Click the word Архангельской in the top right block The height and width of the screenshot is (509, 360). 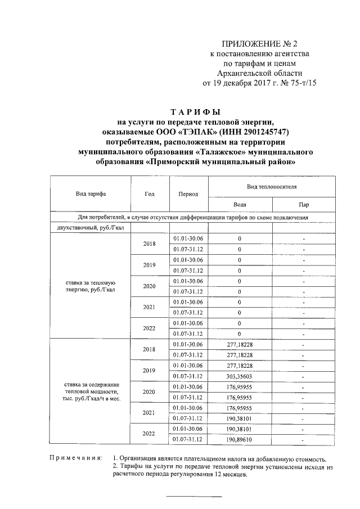click(241, 73)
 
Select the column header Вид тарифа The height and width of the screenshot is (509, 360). click(91, 193)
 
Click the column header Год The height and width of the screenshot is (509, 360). click(150, 193)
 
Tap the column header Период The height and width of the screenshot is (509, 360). click(188, 193)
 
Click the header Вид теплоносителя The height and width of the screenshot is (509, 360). click(272, 186)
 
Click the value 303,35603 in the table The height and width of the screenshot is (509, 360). click(240, 376)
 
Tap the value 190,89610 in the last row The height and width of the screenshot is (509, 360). click(240, 439)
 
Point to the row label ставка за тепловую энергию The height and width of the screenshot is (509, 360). click(91, 286)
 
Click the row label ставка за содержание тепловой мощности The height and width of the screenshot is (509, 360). click(91, 391)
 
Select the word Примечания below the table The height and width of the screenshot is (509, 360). click(75, 459)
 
